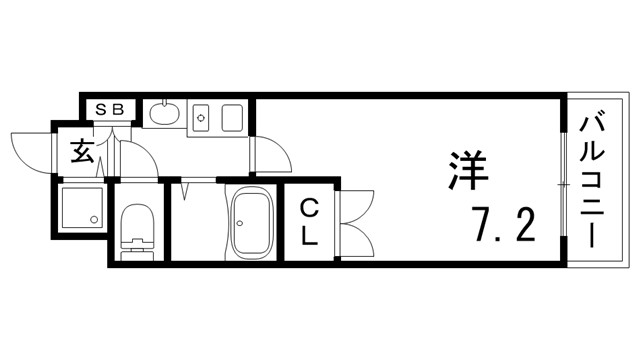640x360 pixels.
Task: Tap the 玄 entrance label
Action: (81, 152)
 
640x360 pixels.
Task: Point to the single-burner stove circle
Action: (201, 118)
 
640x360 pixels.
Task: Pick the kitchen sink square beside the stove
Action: (232, 117)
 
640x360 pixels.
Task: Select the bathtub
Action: (252, 223)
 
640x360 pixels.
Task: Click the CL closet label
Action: (311, 222)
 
